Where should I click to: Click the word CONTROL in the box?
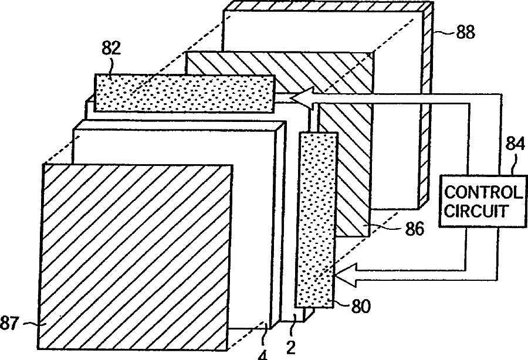[483, 192]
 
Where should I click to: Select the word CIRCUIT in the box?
[476, 210]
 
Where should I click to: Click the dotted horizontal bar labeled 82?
[184, 94]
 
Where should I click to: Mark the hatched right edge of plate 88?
[427, 111]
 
